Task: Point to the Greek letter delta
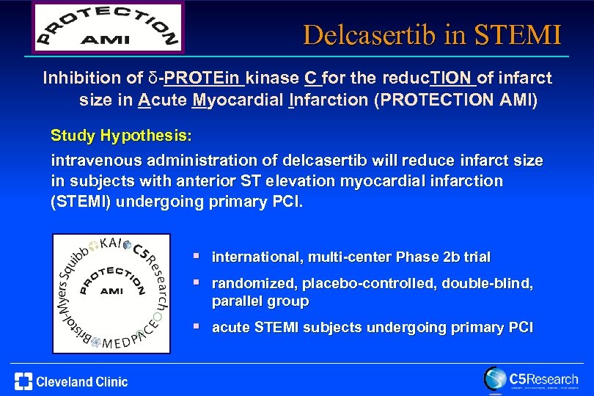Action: coord(153,77)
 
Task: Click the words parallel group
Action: coord(260,301)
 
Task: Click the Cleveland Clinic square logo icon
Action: coord(23,381)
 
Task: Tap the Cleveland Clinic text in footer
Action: coord(82,381)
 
